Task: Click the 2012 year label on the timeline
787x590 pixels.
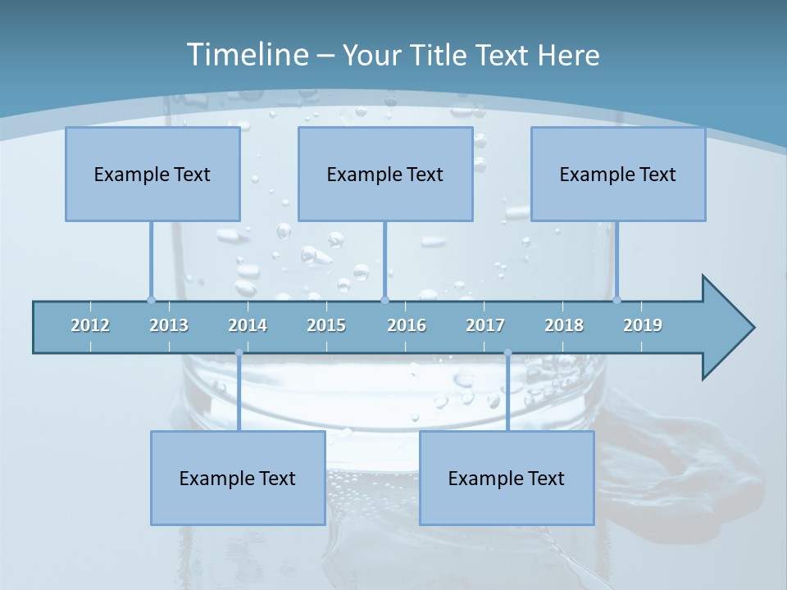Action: [90, 325]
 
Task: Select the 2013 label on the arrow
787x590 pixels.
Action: [169, 325]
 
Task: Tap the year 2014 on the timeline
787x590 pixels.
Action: [248, 325]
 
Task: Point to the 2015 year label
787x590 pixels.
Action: [326, 325]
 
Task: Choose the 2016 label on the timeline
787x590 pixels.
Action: [407, 325]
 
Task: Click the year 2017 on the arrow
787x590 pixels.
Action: [485, 325]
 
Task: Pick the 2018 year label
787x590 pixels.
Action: [564, 325]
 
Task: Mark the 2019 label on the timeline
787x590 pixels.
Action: [643, 325]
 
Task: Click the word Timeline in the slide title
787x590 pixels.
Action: [246, 55]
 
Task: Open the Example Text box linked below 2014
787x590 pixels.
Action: [238, 478]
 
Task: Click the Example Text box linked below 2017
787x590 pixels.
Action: [507, 478]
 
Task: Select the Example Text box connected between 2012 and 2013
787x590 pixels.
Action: [152, 174]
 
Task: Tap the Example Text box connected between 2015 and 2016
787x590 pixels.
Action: [385, 174]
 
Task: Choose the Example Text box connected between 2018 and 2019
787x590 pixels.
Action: [618, 174]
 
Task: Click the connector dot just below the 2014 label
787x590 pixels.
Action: [239, 352]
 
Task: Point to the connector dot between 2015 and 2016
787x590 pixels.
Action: [385, 300]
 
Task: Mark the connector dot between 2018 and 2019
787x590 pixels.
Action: [617, 300]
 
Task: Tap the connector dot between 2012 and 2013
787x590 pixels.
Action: [152, 300]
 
